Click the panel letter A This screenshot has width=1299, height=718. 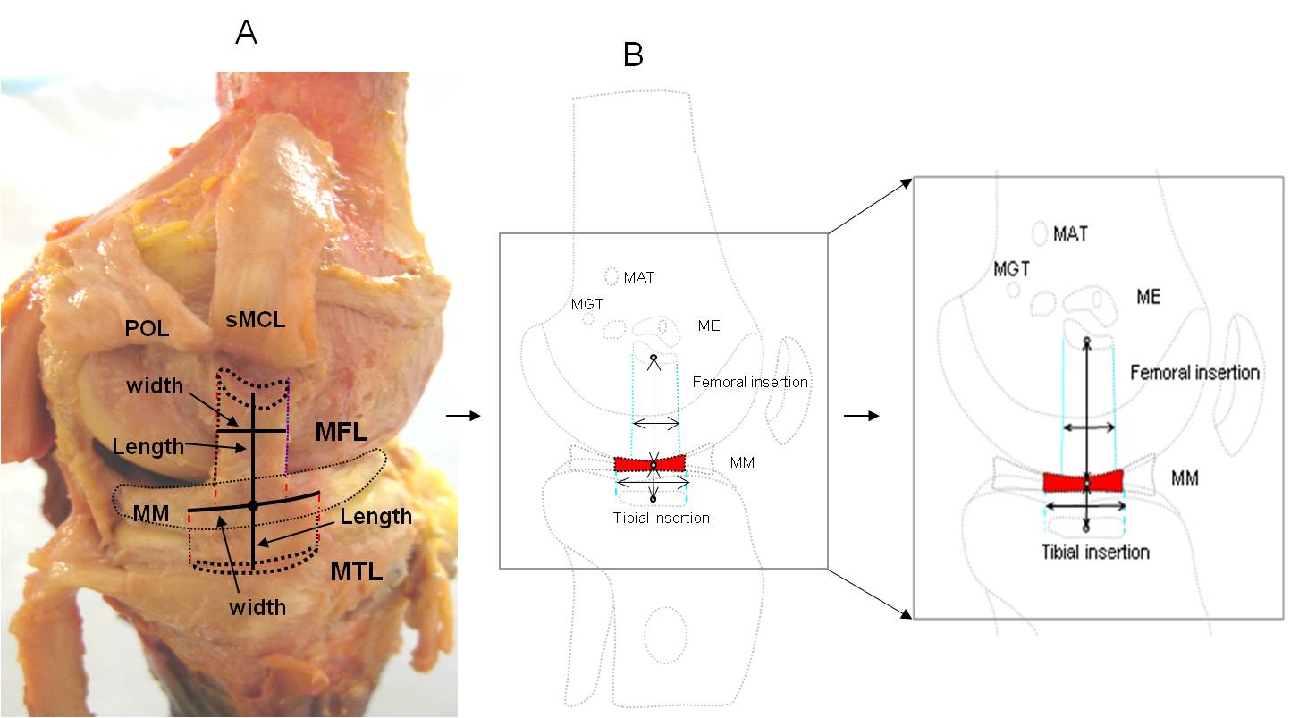point(246,32)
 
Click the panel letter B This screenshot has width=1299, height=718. point(633,55)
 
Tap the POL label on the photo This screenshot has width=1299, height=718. point(148,329)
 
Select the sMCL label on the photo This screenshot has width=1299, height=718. point(255,319)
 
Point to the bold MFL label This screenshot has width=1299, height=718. point(341,432)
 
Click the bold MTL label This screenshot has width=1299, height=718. point(356,572)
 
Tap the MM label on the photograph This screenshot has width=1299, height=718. point(151,513)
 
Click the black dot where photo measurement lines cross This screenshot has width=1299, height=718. point(253,506)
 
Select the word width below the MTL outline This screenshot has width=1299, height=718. point(257,607)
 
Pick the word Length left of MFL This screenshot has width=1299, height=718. point(148,447)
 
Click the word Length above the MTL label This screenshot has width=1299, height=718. point(375,517)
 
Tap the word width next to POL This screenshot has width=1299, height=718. point(155,385)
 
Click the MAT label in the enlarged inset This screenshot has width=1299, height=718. point(1070,233)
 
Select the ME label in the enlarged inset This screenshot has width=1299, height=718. point(1148,297)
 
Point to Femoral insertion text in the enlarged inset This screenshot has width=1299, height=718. point(1194,372)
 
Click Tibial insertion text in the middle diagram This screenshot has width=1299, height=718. point(661,518)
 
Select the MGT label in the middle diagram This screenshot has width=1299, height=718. point(586,305)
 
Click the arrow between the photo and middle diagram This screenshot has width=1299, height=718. point(463,415)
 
